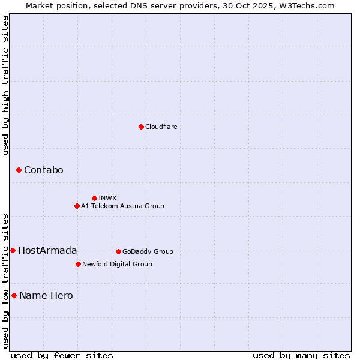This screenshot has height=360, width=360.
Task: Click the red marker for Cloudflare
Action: (x=141, y=127)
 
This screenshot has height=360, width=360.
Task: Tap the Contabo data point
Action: (x=19, y=170)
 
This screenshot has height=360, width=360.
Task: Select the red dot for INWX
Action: (x=94, y=198)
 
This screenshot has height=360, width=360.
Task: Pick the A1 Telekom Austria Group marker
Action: (x=77, y=206)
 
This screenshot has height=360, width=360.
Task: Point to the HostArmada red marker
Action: (x=13, y=250)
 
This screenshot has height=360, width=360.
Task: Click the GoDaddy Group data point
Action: (x=118, y=251)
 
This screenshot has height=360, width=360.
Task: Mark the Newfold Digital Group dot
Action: (x=78, y=264)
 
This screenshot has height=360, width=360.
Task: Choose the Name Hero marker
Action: (x=14, y=295)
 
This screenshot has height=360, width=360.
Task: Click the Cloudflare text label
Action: (x=161, y=127)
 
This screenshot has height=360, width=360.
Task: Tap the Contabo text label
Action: (x=43, y=170)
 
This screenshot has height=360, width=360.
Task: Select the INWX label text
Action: (x=107, y=198)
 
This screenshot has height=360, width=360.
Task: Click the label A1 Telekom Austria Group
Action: (x=122, y=206)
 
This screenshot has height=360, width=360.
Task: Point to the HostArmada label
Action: (x=47, y=250)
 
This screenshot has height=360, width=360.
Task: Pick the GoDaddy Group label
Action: (x=148, y=251)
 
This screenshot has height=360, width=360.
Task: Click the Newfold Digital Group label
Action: (x=117, y=264)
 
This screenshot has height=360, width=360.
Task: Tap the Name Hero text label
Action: (x=46, y=295)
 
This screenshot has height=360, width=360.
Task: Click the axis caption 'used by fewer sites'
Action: (x=62, y=355)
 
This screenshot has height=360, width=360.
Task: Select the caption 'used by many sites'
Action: (x=301, y=355)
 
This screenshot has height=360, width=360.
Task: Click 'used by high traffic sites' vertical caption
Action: (x=5, y=85)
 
